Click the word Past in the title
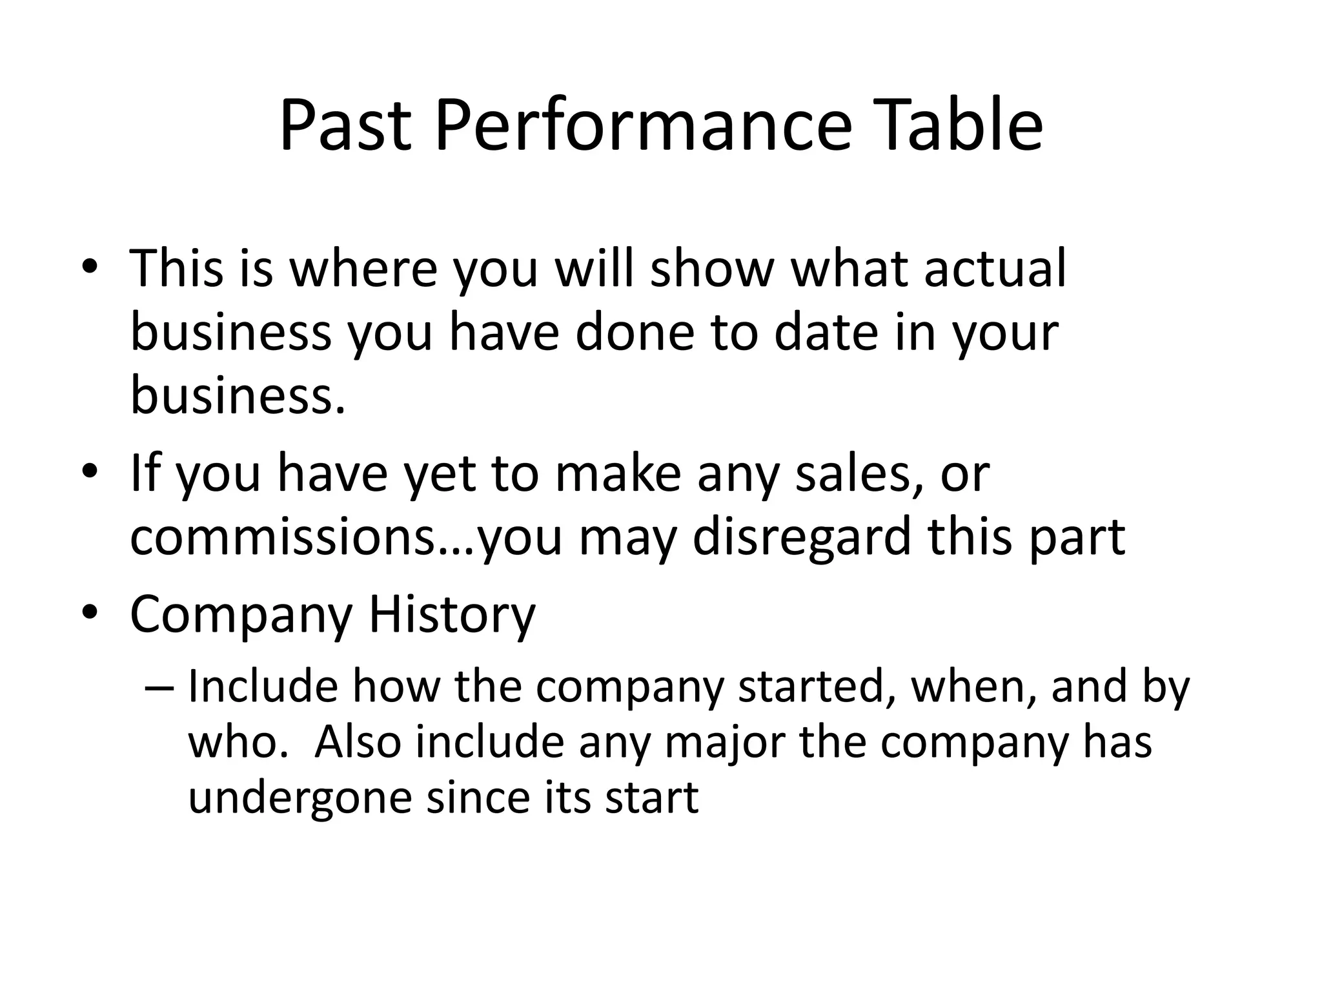pyautogui.click(x=345, y=125)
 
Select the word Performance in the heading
pyautogui.click(x=644, y=125)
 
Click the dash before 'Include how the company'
pyautogui.click(x=160, y=687)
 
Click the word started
pyautogui.click(x=818, y=687)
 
